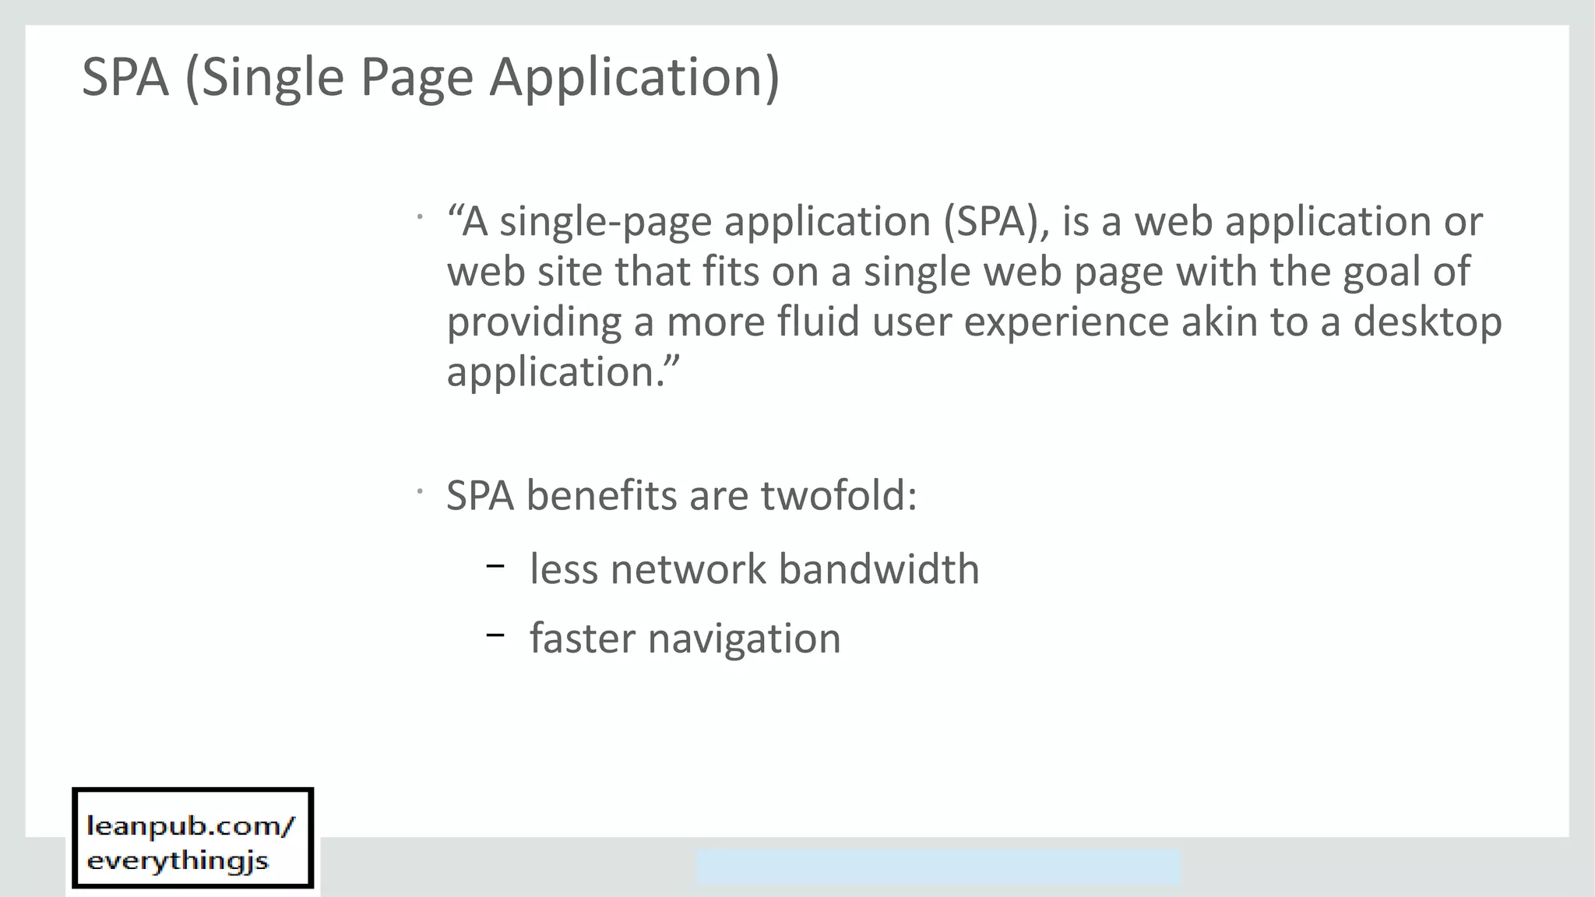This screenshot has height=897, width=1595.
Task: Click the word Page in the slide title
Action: pos(417,78)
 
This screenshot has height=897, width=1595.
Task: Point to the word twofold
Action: pos(838,495)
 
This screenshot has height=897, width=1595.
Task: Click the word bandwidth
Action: pos(878,568)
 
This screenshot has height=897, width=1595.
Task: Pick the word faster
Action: pos(582,638)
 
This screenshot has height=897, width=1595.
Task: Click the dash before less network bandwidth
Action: pos(495,566)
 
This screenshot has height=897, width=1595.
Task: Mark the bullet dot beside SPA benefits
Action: pos(419,491)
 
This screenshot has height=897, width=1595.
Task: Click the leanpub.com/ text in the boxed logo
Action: pos(191,826)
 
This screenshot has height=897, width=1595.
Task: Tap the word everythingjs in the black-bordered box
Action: pos(178,861)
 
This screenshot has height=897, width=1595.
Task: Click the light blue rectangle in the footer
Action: pos(938,867)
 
